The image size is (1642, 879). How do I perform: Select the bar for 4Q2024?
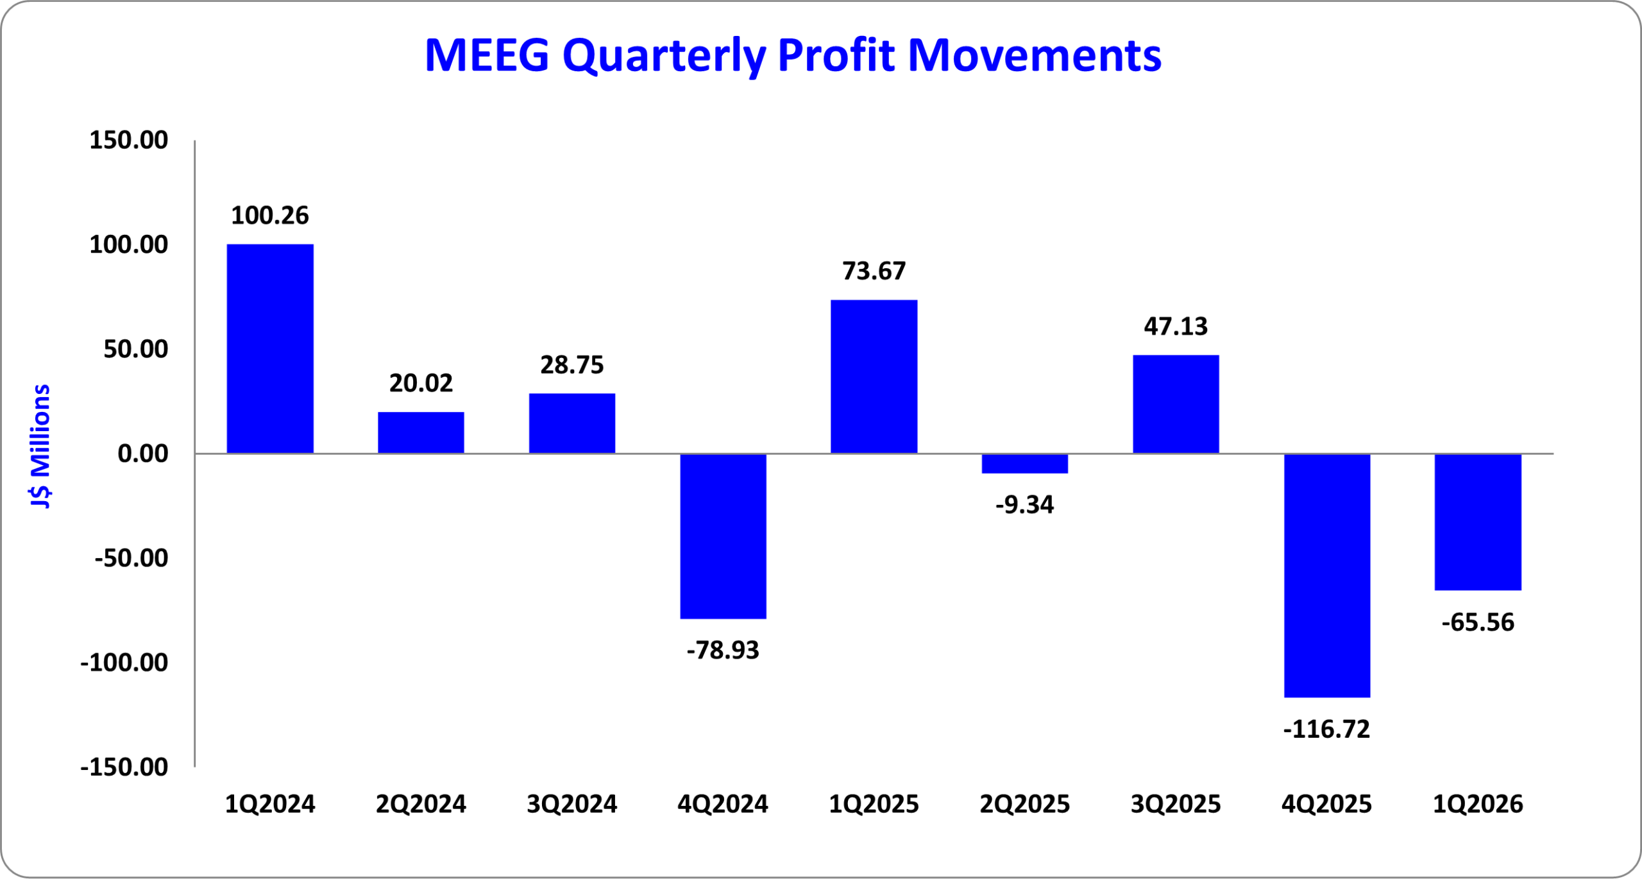[x=723, y=536]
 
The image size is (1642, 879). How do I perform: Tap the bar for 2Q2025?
[x=1024, y=463]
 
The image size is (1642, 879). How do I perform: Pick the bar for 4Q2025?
[x=1326, y=575]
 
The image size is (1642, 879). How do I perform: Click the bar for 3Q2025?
[x=1175, y=404]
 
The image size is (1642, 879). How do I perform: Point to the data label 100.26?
[x=270, y=216]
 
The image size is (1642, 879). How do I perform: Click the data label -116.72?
[x=1326, y=730]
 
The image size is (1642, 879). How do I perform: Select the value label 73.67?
[x=874, y=271]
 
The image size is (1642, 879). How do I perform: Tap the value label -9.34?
[x=1024, y=505]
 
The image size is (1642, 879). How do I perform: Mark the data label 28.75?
[x=571, y=365]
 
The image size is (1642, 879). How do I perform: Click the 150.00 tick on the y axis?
[x=128, y=140]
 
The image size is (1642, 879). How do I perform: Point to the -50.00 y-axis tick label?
[x=131, y=558]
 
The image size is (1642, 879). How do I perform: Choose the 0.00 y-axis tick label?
[x=142, y=454]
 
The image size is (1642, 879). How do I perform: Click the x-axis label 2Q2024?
[x=421, y=804]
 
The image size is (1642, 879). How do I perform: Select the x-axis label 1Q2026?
[x=1478, y=804]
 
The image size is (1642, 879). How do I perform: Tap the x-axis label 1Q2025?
[x=874, y=804]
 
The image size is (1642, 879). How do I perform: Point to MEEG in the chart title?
[x=487, y=55]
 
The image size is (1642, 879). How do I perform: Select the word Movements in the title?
[x=1035, y=55]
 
